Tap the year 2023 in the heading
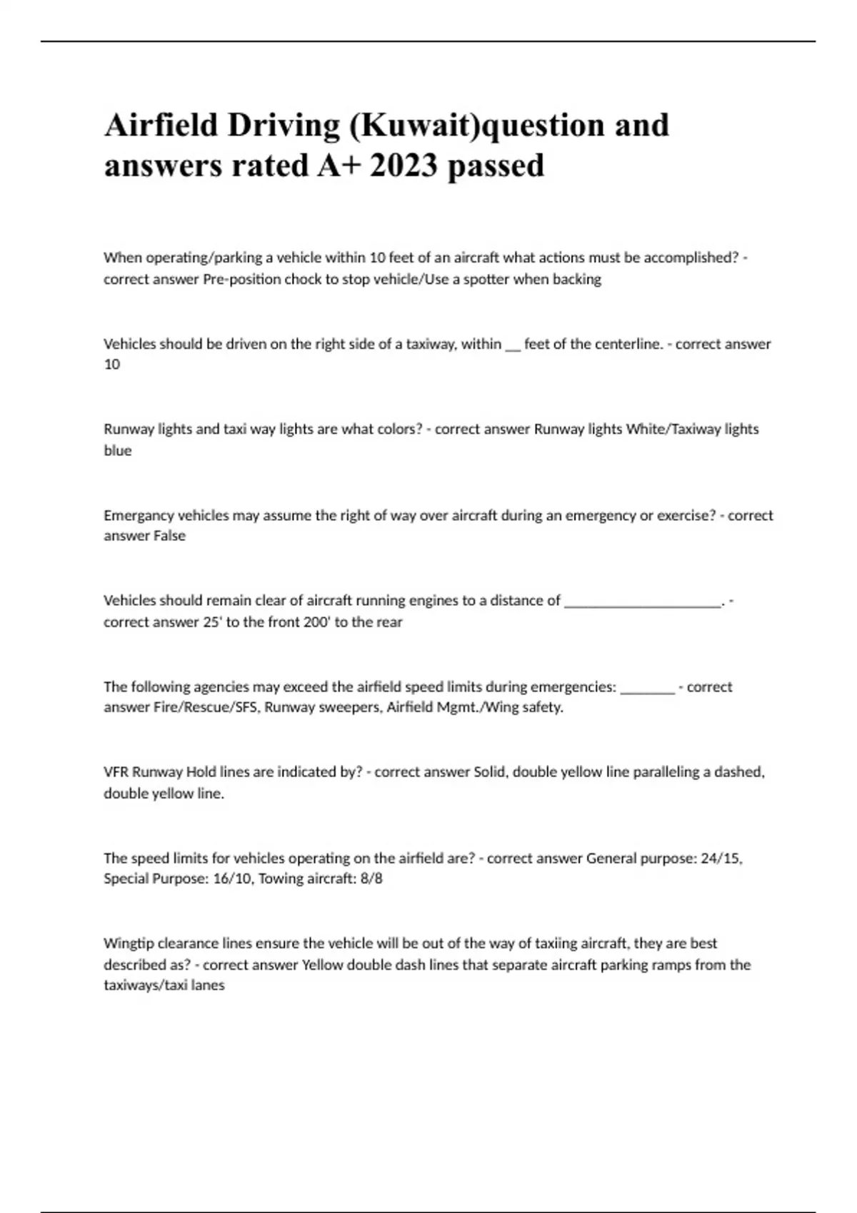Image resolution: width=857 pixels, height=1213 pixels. click(404, 166)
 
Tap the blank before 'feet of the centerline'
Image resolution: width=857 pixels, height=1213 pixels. click(513, 345)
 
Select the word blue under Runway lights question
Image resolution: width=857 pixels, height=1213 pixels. click(118, 451)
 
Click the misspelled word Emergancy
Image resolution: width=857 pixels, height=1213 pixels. click(139, 515)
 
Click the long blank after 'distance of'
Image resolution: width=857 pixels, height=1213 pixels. click(643, 602)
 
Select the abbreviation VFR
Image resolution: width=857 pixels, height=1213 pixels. click(116, 772)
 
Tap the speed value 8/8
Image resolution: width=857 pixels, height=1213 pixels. click(372, 879)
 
